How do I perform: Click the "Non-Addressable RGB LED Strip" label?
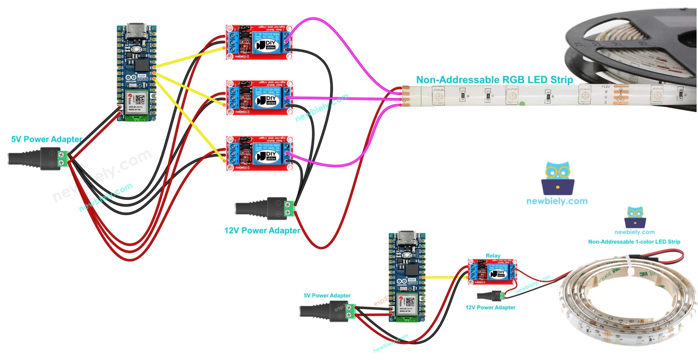tap(494, 80)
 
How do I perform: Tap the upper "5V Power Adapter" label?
tap(47, 139)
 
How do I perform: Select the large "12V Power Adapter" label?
tap(262, 231)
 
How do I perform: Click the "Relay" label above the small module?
tap(493, 256)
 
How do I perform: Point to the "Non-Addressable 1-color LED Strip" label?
tap(634, 242)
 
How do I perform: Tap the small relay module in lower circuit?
tap(492, 272)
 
